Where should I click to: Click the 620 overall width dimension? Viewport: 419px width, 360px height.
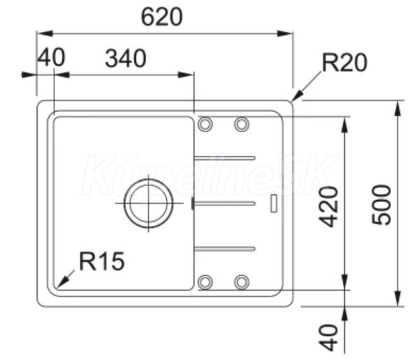coord(162,17)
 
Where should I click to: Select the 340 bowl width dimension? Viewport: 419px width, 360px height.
coord(126,58)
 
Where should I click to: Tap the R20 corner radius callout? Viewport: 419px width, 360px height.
coord(344,62)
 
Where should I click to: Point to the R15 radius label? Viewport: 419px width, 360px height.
coord(102,261)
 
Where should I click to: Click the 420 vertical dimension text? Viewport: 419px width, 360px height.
coord(329,206)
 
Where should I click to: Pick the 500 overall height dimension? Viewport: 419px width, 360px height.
coord(381,205)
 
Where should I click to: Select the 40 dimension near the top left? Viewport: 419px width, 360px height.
coord(51,57)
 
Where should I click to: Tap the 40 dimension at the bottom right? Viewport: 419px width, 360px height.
coord(329,338)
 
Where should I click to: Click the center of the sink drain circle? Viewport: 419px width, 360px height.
coord(149,203)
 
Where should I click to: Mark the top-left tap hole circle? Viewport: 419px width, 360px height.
coord(205,124)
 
